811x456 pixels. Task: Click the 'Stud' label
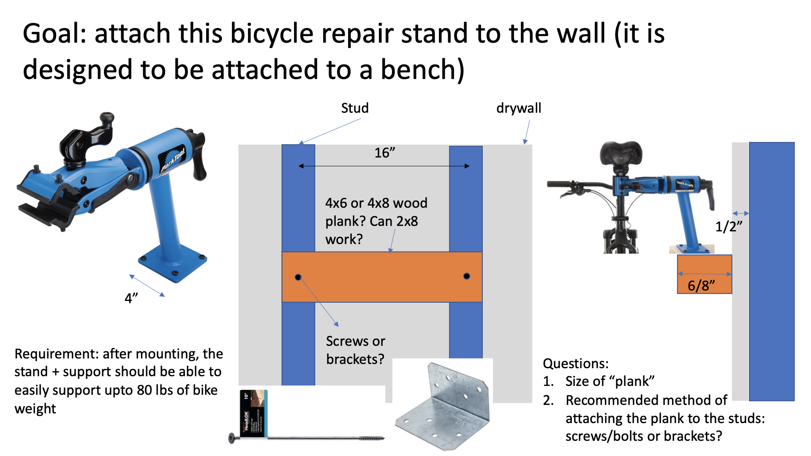pyautogui.click(x=354, y=108)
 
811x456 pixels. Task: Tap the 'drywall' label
pyautogui.click(x=518, y=108)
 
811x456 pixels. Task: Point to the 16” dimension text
pyautogui.click(x=385, y=152)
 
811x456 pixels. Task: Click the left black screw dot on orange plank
pyautogui.click(x=298, y=277)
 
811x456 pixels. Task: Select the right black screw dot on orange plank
pyautogui.click(x=466, y=276)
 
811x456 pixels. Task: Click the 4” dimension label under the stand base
pyautogui.click(x=131, y=299)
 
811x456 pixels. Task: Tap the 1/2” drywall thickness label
pyautogui.click(x=728, y=227)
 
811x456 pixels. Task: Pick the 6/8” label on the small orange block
pyautogui.click(x=701, y=285)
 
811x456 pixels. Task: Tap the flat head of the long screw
pyautogui.click(x=231, y=438)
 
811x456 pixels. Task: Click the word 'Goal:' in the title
pyautogui.click(x=54, y=34)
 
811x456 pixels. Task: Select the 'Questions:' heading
pyautogui.click(x=575, y=364)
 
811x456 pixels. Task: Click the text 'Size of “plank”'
pyautogui.click(x=610, y=381)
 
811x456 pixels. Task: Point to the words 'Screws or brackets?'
pyautogui.click(x=355, y=350)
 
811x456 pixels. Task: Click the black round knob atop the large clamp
pyautogui.click(x=107, y=117)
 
